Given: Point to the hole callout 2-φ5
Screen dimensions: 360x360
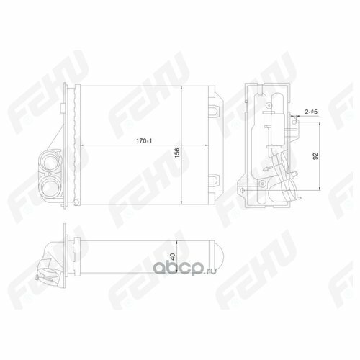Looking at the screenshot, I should point(311,112).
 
